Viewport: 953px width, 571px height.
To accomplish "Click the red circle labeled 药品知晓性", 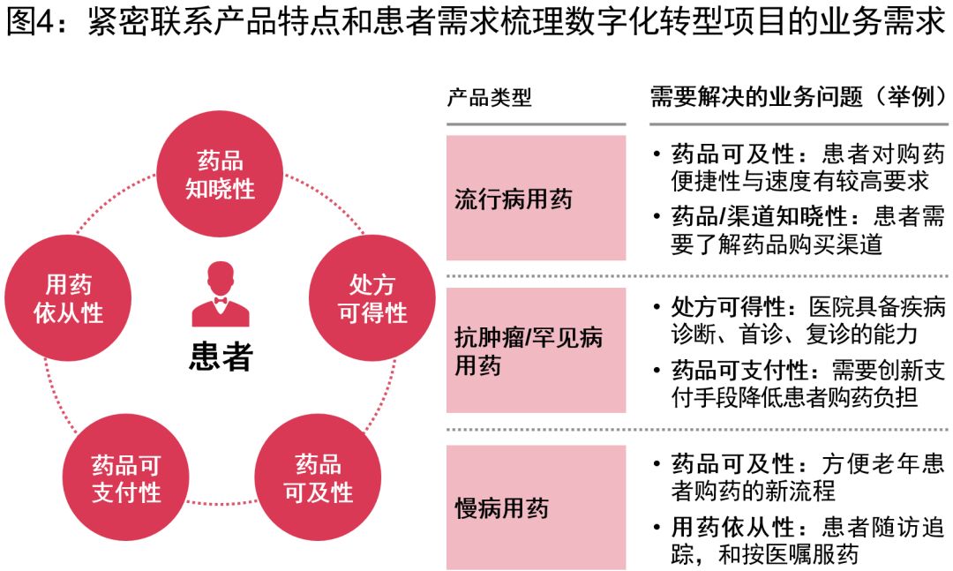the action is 221,175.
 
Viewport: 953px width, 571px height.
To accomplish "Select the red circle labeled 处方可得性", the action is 372,298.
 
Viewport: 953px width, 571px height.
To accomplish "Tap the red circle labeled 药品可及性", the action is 318,478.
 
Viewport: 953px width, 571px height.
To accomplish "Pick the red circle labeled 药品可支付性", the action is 126,478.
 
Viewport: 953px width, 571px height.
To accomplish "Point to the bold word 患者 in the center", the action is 221,357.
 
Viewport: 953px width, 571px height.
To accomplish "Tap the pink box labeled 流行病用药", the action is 536,198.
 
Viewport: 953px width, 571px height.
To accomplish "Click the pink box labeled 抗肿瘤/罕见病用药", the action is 536,350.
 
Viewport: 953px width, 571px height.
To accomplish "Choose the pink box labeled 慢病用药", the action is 536,507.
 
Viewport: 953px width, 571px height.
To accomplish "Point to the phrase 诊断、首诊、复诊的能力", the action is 794,334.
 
